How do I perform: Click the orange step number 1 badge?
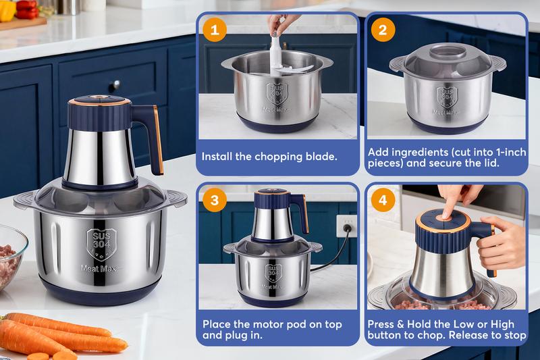215,30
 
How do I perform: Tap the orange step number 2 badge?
382,30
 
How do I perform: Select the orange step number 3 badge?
215,200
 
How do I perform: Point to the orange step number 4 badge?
382,200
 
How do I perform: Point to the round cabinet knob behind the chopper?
112,86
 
